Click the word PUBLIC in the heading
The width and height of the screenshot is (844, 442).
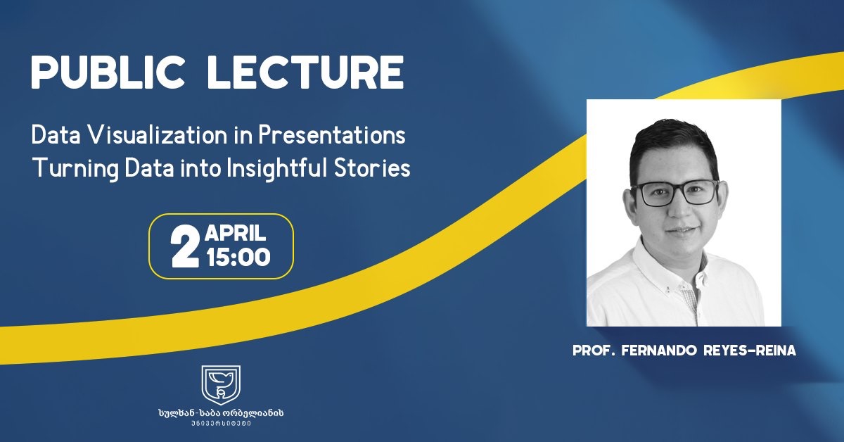pyautogui.click(x=108, y=72)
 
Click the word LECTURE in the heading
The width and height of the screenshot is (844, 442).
pyautogui.click(x=305, y=72)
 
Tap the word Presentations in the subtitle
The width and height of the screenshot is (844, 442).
pyautogui.click(x=331, y=134)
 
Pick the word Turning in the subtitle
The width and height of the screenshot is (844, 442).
pyautogui.click(x=76, y=169)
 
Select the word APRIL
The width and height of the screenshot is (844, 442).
pyautogui.click(x=236, y=233)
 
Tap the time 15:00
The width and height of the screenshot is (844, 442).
pyautogui.click(x=238, y=257)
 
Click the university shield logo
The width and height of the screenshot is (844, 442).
pyautogui.click(x=221, y=385)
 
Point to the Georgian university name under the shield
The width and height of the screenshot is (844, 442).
pyautogui.click(x=221, y=413)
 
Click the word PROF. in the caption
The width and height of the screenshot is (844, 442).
pyautogui.click(x=594, y=351)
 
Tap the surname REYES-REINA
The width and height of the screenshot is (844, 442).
pyautogui.click(x=750, y=351)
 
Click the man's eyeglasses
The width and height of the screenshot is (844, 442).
pyautogui.click(x=675, y=193)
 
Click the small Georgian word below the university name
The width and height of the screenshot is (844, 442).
pyautogui.click(x=221, y=424)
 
